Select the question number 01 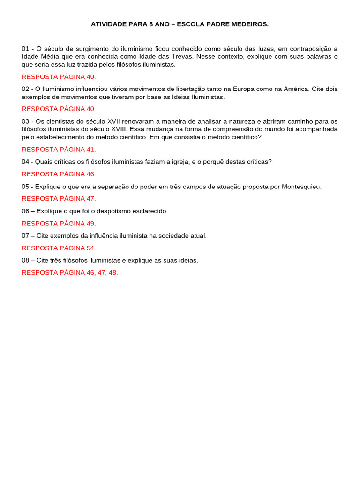coord(26,49)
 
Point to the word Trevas coord(181,57)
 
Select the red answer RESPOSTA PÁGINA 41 coord(59,150)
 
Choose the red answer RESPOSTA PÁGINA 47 coord(59,199)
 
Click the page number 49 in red coord(90,224)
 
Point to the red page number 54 coord(90,248)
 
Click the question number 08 coord(26,260)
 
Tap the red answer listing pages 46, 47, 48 coord(70,273)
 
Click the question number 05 coord(26,187)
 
